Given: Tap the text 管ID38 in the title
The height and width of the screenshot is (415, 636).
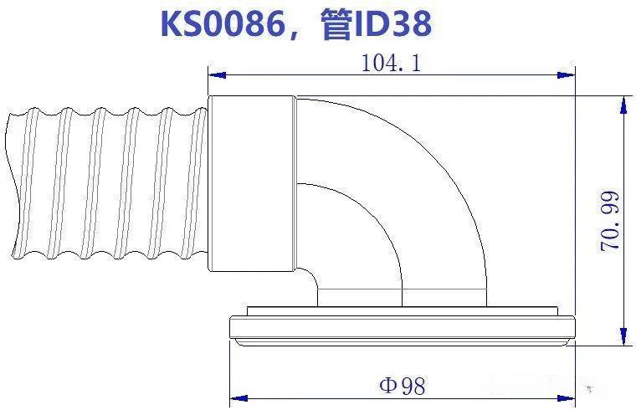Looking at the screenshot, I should pos(375,24).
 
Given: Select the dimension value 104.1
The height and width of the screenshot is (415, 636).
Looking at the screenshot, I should pos(391,64).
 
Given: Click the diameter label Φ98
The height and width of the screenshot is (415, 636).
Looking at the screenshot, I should pos(402,386).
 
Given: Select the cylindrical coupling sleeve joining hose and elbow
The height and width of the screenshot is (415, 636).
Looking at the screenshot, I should pos(251,184).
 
